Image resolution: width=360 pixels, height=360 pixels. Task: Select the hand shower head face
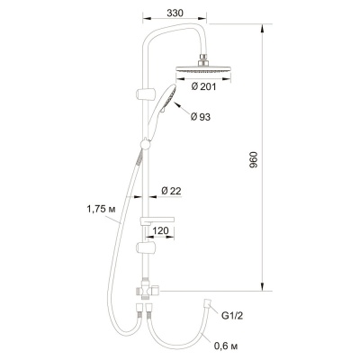pyautogui.click(x=173, y=92)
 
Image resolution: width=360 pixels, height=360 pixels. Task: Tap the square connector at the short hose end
pyautogui.click(x=211, y=309)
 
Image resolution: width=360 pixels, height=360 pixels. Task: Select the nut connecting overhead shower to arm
pyautogui.click(x=206, y=58)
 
